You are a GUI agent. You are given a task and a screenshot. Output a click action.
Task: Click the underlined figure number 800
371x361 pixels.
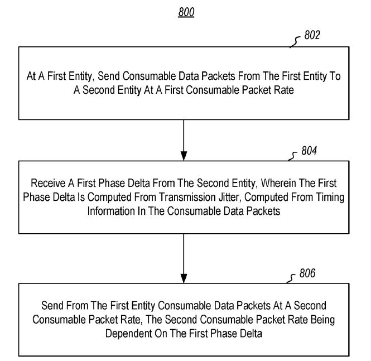coord(186,12)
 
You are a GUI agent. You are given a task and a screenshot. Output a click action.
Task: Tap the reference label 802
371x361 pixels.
coord(312,35)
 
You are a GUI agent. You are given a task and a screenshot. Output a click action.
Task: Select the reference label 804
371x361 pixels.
coord(309,151)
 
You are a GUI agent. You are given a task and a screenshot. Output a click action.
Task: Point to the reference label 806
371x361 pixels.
coord(307,273)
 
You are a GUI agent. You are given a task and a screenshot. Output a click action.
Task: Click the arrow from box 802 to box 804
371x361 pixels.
coord(184,140)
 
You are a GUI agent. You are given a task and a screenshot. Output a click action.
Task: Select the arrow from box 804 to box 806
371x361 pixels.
coord(184,258)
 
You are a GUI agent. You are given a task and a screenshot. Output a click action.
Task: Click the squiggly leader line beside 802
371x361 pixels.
coord(295,42)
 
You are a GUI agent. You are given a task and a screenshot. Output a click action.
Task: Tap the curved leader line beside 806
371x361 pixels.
coord(291,278)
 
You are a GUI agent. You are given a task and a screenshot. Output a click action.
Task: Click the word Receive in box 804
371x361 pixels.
coord(48,183)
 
